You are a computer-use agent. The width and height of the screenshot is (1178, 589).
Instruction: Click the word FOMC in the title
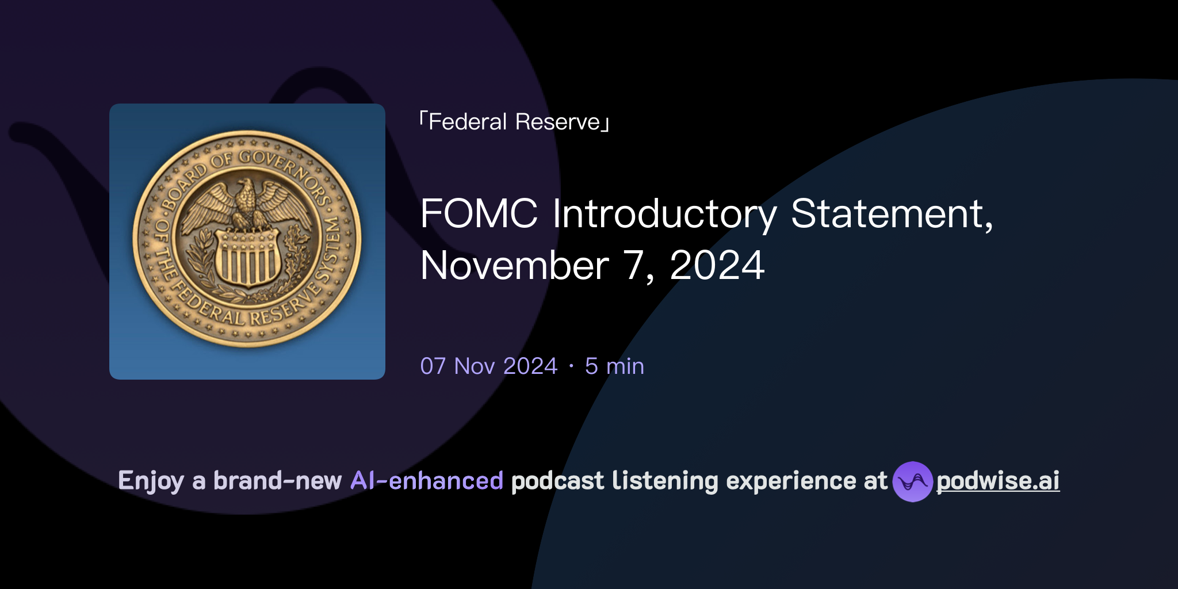pyautogui.click(x=479, y=214)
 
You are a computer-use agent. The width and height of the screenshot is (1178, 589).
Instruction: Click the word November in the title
pyautogui.click(x=514, y=266)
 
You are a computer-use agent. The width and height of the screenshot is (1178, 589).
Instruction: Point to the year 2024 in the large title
pyautogui.click(x=717, y=266)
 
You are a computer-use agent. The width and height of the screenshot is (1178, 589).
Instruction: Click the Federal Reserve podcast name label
pyautogui.click(x=514, y=122)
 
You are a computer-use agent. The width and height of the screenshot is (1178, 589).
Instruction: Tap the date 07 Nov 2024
pyautogui.click(x=489, y=366)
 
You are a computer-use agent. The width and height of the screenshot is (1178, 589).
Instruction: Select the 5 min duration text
pyautogui.click(x=614, y=366)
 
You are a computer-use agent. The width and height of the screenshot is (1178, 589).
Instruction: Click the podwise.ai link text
pyautogui.click(x=997, y=481)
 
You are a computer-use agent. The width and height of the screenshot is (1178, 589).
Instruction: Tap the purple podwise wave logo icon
pyautogui.click(x=912, y=481)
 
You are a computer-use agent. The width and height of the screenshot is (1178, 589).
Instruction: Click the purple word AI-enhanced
pyautogui.click(x=427, y=481)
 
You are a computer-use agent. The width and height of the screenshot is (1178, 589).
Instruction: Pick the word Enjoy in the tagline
pyautogui.click(x=151, y=481)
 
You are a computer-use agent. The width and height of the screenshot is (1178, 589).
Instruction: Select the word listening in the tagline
pyautogui.click(x=665, y=481)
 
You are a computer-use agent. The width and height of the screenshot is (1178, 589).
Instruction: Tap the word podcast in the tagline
pyautogui.click(x=557, y=481)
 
